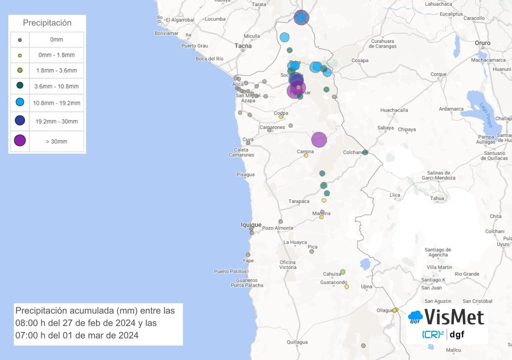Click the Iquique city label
coord(251,225)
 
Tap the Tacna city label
coord(243,45)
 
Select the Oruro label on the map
coord(482,43)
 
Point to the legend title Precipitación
coord(47,23)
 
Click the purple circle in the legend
coord(19,141)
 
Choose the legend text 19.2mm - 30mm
coord(56,121)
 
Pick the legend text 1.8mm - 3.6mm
coord(56,70)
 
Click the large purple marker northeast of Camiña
coord(319,139)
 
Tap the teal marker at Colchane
coord(365,152)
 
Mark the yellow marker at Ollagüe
coord(394,310)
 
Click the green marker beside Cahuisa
coord(342,272)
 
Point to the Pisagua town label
coord(245,174)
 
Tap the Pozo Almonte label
coord(278,228)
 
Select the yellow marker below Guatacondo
coord(346,286)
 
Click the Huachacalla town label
coord(394,110)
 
